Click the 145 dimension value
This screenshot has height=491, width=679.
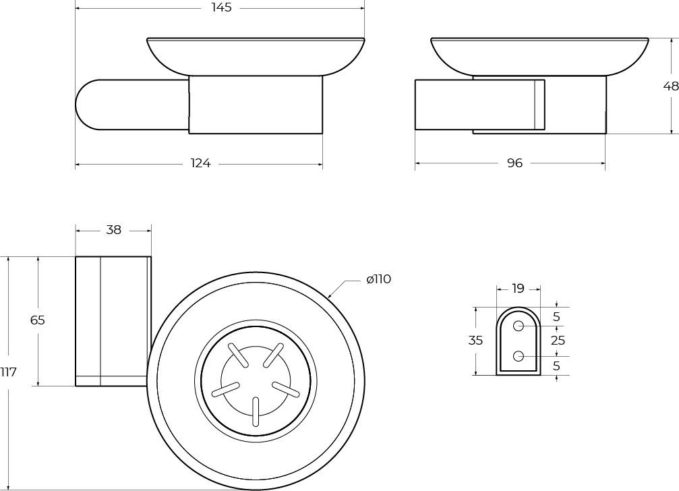pyautogui.click(x=222, y=7)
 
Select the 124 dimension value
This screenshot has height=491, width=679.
pyautogui.click(x=201, y=163)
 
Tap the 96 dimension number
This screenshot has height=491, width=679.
pyautogui.click(x=515, y=163)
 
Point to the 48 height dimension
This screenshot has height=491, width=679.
pyautogui.click(x=671, y=86)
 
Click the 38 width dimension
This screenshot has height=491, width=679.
pyautogui.click(x=113, y=230)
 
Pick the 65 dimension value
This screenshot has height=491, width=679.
pyautogui.click(x=38, y=320)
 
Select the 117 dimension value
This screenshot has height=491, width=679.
pyautogui.click(x=8, y=372)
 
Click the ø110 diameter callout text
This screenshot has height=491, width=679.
pyautogui.click(x=378, y=279)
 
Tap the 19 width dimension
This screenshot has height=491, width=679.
pyautogui.click(x=518, y=288)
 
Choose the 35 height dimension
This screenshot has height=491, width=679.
pyautogui.click(x=475, y=341)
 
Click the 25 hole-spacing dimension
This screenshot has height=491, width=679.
pyautogui.click(x=558, y=341)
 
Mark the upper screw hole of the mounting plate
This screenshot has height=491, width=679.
pyautogui.click(x=519, y=326)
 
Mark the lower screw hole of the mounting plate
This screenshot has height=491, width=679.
pyautogui.click(x=519, y=356)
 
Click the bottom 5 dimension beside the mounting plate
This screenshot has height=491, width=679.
pyautogui.click(x=556, y=366)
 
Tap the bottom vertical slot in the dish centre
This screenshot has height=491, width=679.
pyautogui.click(x=256, y=411)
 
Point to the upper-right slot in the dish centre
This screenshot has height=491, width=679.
pyautogui.click(x=274, y=355)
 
